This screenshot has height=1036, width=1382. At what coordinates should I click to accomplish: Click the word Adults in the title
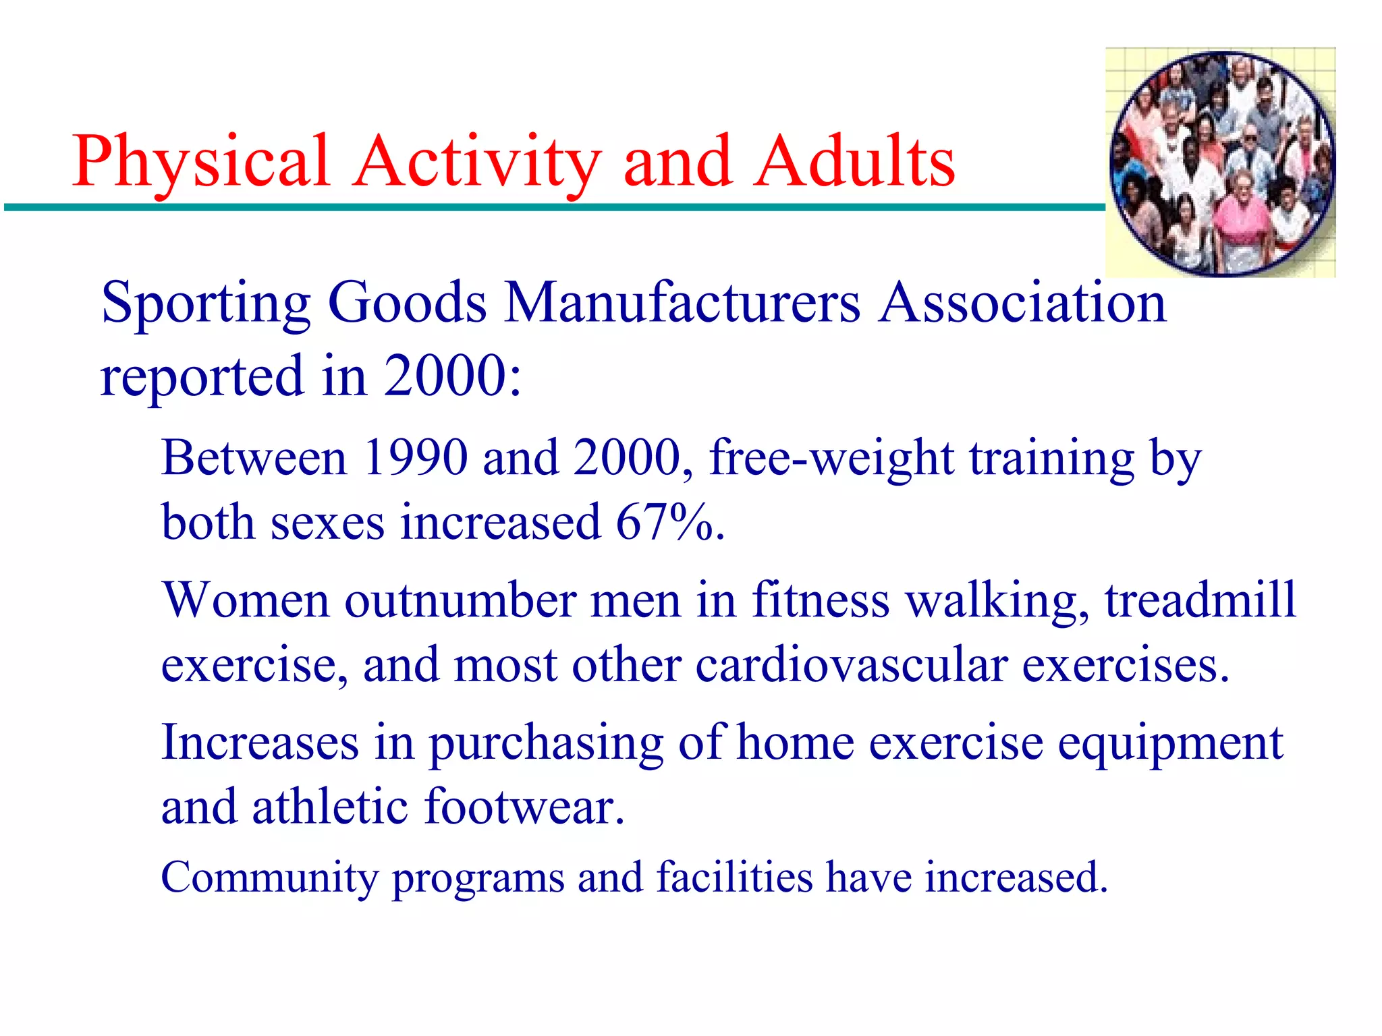click(854, 162)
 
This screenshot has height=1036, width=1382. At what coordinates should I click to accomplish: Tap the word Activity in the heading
click(476, 162)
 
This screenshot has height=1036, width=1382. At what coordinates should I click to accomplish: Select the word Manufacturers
click(682, 303)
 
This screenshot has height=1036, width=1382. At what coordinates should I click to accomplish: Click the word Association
click(1022, 303)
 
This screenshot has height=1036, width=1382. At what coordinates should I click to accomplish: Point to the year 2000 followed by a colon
click(451, 376)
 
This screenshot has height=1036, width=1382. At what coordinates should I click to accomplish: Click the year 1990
click(415, 458)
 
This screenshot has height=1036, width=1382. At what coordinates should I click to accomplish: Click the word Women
click(246, 600)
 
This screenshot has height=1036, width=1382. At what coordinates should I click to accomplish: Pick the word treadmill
click(1200, 600)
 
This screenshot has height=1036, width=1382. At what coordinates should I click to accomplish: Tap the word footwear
click(524, 807)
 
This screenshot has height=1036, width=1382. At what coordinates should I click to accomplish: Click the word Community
click(270, 877)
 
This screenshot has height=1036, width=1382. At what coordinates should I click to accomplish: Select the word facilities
click(735, 877)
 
